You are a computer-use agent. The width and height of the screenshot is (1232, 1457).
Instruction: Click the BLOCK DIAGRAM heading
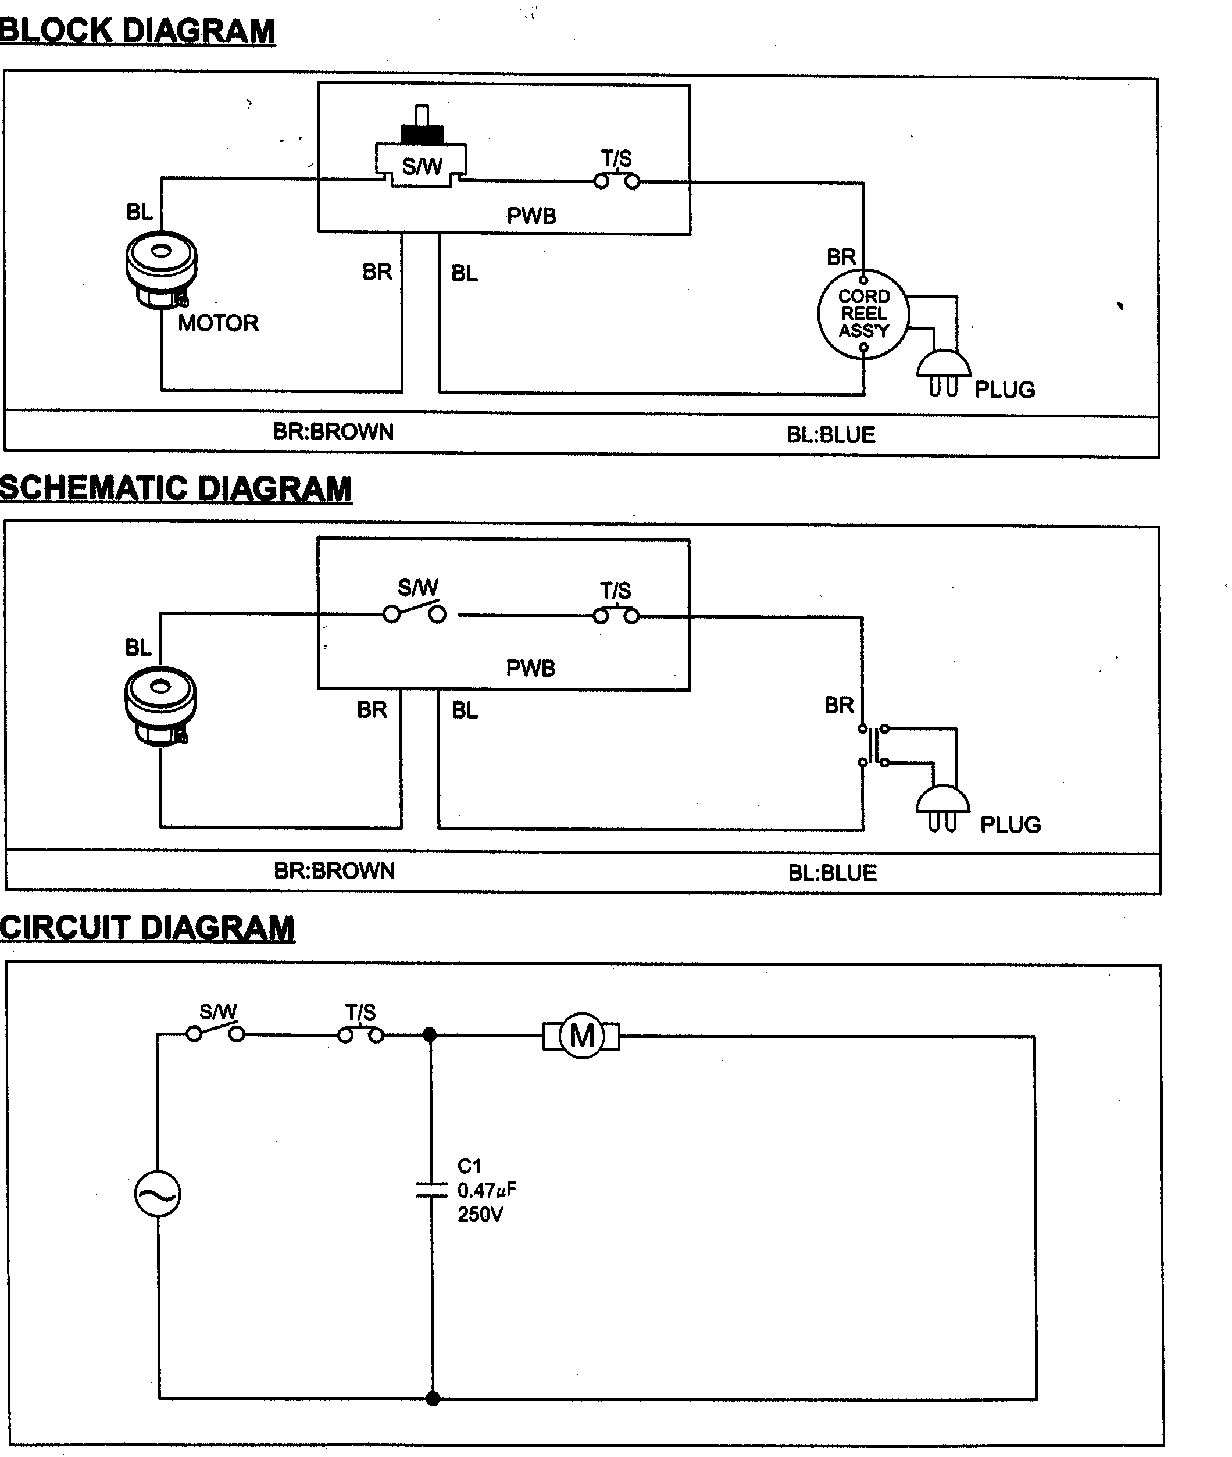click(138, 31)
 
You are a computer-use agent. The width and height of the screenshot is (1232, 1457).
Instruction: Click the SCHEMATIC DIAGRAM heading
click(176, 488)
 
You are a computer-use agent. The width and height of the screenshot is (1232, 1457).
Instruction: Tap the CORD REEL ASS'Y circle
click(863, 315)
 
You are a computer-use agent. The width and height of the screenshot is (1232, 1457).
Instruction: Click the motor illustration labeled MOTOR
click(161, 270)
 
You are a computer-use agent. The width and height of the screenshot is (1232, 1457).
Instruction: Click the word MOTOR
click(218, 323)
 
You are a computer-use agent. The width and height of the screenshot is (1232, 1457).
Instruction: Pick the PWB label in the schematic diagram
click(531, 669)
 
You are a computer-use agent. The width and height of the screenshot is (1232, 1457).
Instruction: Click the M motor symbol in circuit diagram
click(582, 1036)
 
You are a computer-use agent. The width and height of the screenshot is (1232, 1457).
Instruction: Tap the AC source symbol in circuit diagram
click(158, 1194)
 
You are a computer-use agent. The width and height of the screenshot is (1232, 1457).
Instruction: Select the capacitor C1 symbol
click(431, 1190)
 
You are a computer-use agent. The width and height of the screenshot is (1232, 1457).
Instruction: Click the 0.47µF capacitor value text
click(487, 1190)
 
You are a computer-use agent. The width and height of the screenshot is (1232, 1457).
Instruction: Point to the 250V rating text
click(480, 1215)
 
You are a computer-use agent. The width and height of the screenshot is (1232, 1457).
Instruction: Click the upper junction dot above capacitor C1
click(430, 1034)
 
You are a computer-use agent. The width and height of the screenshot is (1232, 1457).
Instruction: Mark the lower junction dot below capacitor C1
click(433, 1398)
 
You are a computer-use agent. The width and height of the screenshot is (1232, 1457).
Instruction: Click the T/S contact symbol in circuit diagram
click(361, 1034)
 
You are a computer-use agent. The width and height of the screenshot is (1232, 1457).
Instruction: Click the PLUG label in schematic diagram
click(1010, 825)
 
